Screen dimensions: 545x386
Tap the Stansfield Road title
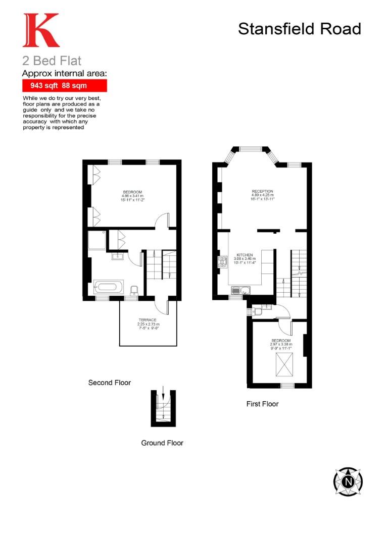click(x=299, y=29)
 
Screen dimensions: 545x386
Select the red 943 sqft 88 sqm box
click(x=65, y=86)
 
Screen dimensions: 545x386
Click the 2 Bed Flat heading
click(x=52, y=62)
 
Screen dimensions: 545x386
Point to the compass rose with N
click(x=348, y=481)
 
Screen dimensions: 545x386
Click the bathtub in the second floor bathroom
click(x=108, y=288)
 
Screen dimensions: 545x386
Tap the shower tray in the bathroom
click(x=98, y=240)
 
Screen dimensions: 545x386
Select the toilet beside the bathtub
click(x=134, y=291)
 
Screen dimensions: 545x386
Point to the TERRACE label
click(x=148, y=320)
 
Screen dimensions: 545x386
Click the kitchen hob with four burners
click(x=222, y=262)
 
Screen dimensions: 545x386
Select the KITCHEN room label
click(x=245, y=255)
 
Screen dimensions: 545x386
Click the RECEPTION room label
click(x=262, y=191)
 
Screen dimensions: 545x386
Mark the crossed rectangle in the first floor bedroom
click(x=284, y=364)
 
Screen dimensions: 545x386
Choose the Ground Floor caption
click(x=162, y=443)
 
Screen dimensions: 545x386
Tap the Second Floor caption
click(x=109, y=383)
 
